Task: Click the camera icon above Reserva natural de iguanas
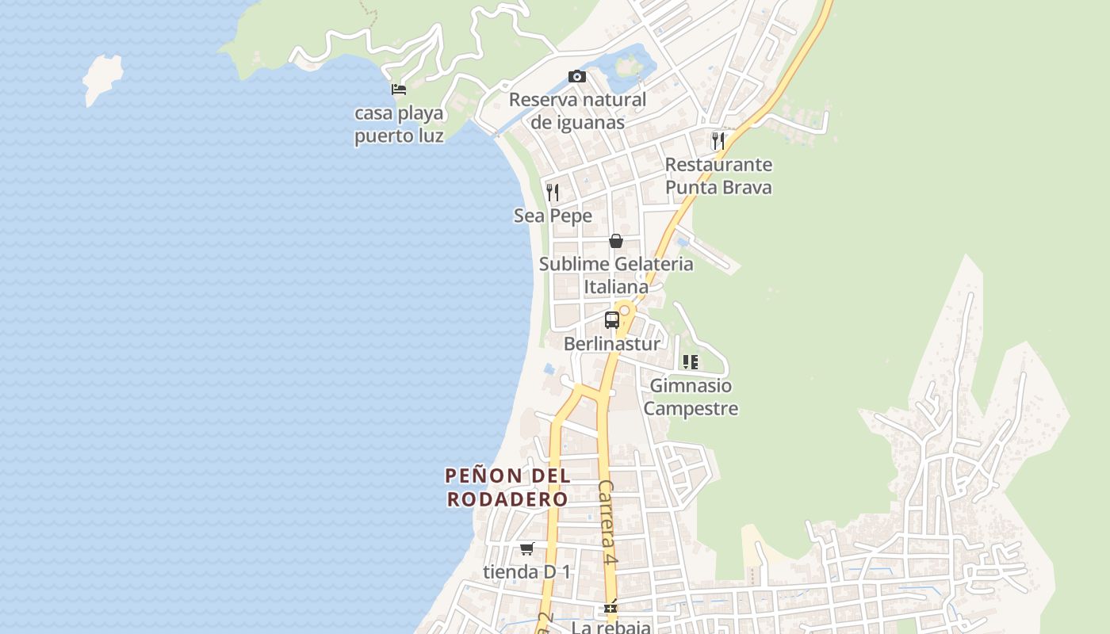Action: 577,77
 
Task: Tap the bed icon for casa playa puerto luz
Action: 399,90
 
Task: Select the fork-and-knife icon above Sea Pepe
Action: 553,192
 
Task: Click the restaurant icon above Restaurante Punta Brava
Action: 718,141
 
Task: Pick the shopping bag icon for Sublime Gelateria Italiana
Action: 616,241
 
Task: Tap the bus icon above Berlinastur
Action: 612,320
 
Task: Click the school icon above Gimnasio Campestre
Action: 691,362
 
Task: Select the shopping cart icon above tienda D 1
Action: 527,548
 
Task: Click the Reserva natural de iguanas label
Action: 577,111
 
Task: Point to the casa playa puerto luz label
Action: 399,124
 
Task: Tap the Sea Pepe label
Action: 553,216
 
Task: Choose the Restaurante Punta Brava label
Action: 718,176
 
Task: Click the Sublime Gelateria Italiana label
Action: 616,275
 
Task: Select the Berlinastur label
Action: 611,344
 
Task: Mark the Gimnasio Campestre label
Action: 691,397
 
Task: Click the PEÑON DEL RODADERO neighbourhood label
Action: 507,487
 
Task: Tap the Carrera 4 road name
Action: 607,521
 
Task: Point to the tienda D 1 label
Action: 527,571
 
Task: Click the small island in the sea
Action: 103,78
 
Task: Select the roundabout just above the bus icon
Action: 625,310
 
